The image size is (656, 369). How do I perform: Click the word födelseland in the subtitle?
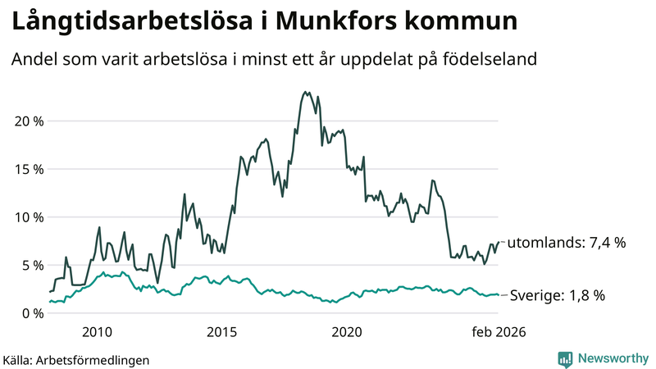coord(494,60)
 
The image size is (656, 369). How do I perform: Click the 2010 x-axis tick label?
coord(97,332)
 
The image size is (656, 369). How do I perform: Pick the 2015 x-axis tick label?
coord(221,332)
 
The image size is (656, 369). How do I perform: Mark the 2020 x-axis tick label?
coord(346,332)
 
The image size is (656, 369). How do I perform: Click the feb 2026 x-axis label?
coord(497,332)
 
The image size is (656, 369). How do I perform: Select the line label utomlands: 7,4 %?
coord(567,243)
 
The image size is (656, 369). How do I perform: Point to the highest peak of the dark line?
coord(305,92)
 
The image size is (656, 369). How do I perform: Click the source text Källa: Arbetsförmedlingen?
coord(76,360)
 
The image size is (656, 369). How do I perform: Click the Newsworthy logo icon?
coord(566,358)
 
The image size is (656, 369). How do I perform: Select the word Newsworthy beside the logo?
coord(611,358)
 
